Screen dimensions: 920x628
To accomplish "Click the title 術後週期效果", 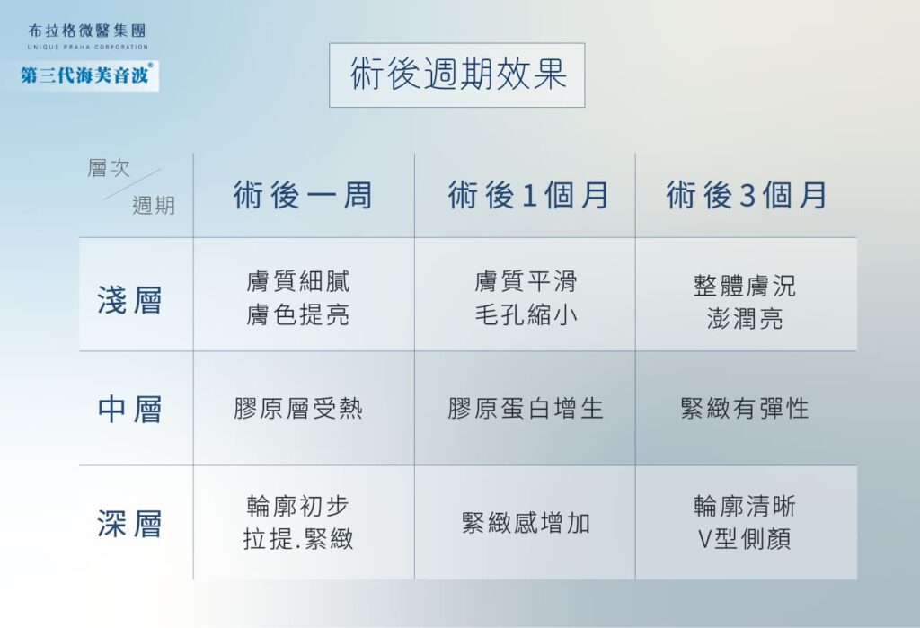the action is coord(457,75).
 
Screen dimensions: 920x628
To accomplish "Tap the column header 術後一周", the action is coord(303,196).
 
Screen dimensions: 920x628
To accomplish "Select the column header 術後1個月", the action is coord(528,196).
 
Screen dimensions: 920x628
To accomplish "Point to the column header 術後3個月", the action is coord(747,196).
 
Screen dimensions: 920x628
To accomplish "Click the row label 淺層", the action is coord(129,300).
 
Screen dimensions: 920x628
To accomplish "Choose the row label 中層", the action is coord(129,409).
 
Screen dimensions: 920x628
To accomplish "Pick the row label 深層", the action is coord(129,524).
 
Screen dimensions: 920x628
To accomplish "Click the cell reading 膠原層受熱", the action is coord(298,409).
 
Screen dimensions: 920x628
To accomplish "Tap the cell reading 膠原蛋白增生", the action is coord(526,409).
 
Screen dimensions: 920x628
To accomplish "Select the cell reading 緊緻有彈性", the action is coord(745,409).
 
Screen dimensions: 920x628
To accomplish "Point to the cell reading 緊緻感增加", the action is coord(526,523).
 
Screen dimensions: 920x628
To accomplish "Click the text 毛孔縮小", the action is coord(526,315).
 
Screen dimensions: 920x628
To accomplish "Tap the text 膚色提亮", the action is coord(298,315).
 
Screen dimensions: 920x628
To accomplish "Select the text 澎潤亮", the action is coord(745,319).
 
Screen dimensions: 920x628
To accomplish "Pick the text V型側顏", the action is coord(745,539).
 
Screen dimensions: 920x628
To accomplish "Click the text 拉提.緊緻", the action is coord(298,539).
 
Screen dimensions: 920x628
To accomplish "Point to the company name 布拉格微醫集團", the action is coord(87,31).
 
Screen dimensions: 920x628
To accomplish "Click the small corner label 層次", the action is coord(109,168).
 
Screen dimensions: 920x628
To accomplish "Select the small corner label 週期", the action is coord(154,206).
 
